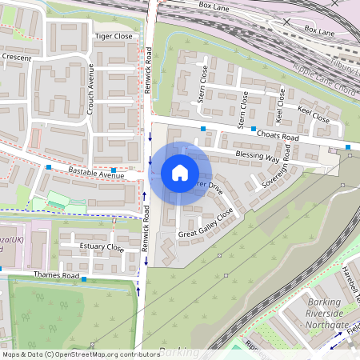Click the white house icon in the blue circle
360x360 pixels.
pyautogui.click(x=179, y=173)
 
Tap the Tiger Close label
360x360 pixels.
pyautogui.click(x=113, y=37)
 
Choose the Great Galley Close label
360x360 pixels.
pyautogui.click(x=206, y=224)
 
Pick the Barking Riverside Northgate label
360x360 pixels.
pyautogui.click(x=330, y=314)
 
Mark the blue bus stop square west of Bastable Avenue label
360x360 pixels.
pyautogui.click(x=50, y=167)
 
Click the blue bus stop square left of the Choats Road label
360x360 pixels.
pyautogui.click(x=254, y=129)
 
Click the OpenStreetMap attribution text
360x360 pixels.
pyautogui.click(x=80, y=354)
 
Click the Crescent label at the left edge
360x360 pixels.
pyautogui.click(x=16, y=58)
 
